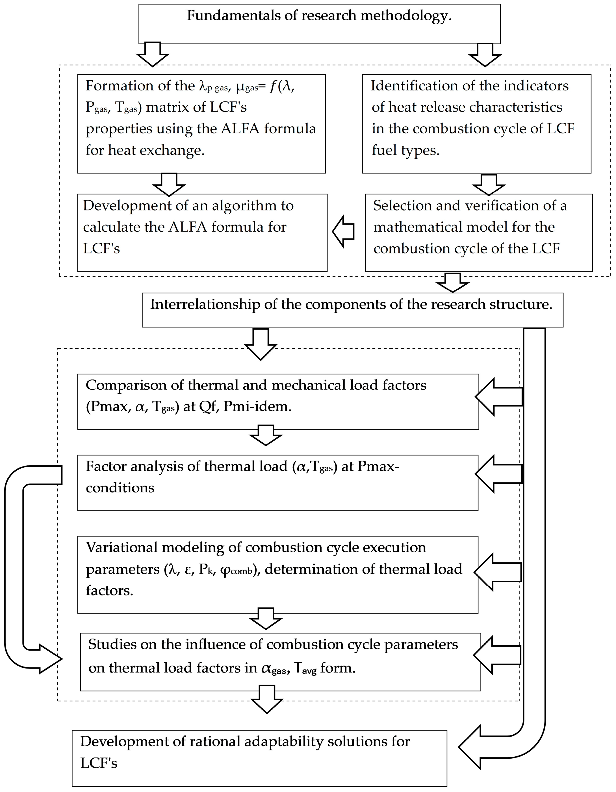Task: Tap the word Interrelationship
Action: coord(205,304)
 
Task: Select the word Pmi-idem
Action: coord(257,407)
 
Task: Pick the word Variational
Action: coord(122,548)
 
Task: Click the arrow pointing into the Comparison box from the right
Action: coord(498,397)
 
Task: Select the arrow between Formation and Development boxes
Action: coord(169,184)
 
